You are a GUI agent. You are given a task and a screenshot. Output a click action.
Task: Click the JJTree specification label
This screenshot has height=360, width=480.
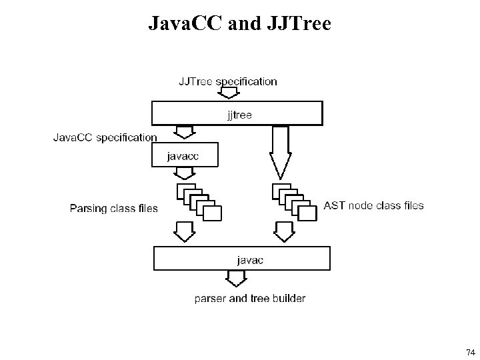point(227,81)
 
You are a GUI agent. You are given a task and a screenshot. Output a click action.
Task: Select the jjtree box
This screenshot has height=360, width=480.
point(237,113)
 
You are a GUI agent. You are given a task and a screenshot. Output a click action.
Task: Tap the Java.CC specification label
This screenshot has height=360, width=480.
point(105,137)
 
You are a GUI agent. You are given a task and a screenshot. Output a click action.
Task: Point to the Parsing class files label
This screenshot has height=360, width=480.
point(114,209)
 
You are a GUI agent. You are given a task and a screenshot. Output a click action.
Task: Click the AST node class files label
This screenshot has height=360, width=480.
point(373,205)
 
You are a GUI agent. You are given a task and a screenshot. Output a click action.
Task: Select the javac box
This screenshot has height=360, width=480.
point(241,259)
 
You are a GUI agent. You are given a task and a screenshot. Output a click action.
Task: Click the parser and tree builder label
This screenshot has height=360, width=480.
point(250,298)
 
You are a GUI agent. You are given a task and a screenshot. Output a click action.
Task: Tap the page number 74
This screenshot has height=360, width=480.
point(470,352)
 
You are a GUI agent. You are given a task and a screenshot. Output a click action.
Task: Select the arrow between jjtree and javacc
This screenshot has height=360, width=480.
point(183,133)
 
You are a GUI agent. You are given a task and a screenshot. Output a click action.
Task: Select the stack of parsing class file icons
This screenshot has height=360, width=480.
point(199,202)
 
